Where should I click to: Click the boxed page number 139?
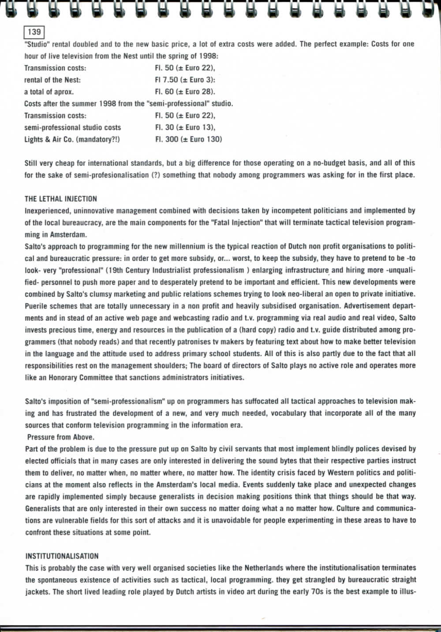tap(34, 32)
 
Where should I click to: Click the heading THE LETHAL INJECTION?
tap(60, 199)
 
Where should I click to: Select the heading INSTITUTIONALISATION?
tap(62, 556)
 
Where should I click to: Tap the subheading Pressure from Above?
tap(60, 437)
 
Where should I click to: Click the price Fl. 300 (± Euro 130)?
tap(188, 139)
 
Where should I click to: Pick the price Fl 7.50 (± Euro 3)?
tap(185, 80)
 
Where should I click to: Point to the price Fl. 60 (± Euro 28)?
tap(185, 92)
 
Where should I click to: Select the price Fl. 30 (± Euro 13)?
tap(185, 127)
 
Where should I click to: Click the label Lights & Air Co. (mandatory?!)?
tap(72, 139)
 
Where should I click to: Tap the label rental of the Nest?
tap(52, 80)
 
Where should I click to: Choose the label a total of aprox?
tap(49, 92)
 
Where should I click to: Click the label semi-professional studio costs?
tap(72, 127)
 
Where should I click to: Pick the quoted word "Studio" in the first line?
tap(37, 44)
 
